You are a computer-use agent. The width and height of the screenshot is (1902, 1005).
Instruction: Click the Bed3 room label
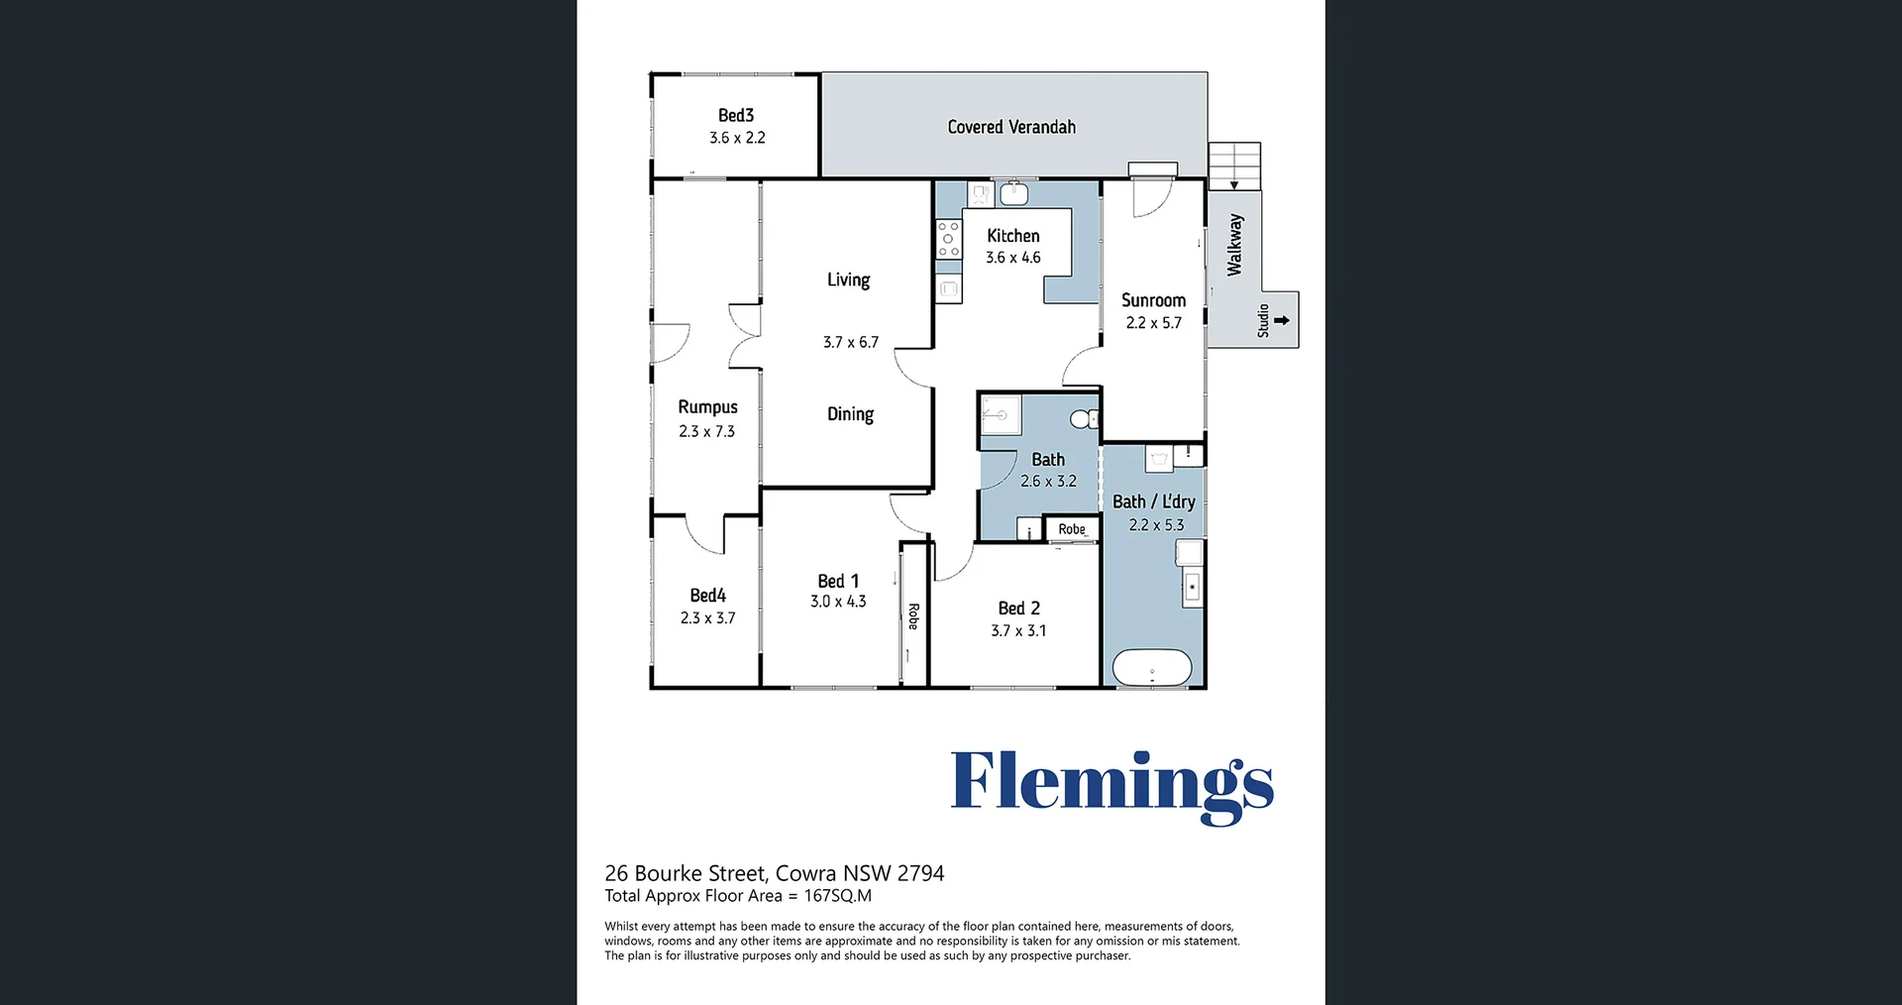pyautogui.click(x=736, y=116)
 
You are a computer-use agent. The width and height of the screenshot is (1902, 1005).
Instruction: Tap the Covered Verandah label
pyautogui.click(x=1011, y=127)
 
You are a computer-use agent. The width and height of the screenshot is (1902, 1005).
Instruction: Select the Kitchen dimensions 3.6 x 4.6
pyautogui.click(x=1013, y=258)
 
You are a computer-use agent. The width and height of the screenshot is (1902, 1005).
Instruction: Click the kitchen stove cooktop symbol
pyautogui.click(x=948, y=240)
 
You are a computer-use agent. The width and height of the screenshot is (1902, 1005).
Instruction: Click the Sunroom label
pyautogui.click(x=1153, y=300)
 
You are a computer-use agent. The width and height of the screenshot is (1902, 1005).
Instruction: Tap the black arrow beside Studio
pyautogui.click(x=1282, y=320)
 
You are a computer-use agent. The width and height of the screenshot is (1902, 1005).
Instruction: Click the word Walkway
pyautogui.click(x=1234, y=245)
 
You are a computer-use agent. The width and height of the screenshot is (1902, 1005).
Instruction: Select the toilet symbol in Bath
pyautogui.click(x=1085, y=419)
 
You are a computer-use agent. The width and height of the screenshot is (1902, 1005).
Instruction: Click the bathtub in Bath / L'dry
pyautogui.click(x=1152, y=667)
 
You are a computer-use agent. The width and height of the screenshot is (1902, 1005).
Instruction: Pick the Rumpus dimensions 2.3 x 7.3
pyautogui.click(x=707, y=431)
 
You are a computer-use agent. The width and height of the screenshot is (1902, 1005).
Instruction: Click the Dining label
pyautogui.click(x=850, y=414)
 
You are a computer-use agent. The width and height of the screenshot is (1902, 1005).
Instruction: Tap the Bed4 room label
pyautogui.click(x=708, y=596)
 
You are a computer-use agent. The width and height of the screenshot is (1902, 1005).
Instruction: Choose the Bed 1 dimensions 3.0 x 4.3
pyautogui.click(x=838, y=602)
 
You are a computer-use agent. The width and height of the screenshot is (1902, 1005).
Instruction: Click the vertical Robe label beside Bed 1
pyautogui.click(x=913, y=616)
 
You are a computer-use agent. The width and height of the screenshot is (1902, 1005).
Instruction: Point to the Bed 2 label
pyautogui.click(x=1019, y=609)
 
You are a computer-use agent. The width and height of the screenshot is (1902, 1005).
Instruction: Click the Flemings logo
pyautogui.click(x=1111, y=786)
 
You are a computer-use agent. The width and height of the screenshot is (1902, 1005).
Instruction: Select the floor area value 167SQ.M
pyautogui.click(x=838, y=896)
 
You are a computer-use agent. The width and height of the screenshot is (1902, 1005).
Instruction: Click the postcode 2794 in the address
pyautogui.click(x=920, y=873)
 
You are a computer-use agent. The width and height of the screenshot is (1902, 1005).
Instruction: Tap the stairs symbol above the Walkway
pyautogui.click(x=1234, y=166)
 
